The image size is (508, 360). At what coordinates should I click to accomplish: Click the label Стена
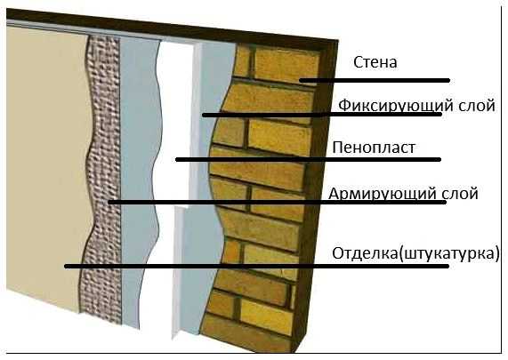pos(375,62)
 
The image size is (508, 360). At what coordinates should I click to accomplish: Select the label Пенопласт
pos(374,148)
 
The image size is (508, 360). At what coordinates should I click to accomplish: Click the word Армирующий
pos(383,194)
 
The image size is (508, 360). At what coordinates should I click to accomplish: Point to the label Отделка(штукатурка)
pos(415,253)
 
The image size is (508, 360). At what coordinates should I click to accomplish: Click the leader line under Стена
pos(375,80)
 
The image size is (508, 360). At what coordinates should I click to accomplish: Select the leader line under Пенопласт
pos(308,159)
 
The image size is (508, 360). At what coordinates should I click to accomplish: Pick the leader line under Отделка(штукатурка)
pos(256,266)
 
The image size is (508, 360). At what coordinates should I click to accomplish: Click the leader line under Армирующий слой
pos(277,202)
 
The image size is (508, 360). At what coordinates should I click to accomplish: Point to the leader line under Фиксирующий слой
pos(322,115)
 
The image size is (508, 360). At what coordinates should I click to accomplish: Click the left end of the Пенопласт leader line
pos(176,159)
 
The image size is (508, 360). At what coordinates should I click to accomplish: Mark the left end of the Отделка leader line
pos(65,266)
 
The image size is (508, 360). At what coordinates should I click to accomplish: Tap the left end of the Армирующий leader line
pos(109,202)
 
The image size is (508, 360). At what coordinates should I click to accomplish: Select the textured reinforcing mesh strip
pos(103,178)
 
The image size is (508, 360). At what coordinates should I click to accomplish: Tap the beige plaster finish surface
pos(45,162)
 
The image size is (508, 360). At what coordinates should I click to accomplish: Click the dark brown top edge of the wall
pos(172,26)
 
